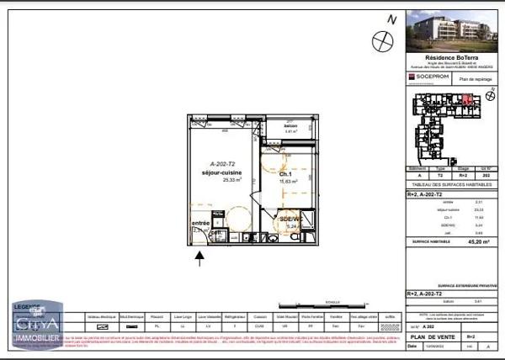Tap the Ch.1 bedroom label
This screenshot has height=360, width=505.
tap(286, 173)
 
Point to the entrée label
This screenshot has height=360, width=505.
tap(200, 223)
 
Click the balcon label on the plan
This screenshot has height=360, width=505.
tap(291, 126)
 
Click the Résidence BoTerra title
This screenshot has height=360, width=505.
tap(450, 57)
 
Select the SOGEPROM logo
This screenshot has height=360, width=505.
tap(428, 77)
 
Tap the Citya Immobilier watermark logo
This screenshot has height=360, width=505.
tap(36, 324)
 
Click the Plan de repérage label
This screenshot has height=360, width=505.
tap(476, 77)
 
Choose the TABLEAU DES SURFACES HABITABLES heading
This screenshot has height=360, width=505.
tap(451, 184)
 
